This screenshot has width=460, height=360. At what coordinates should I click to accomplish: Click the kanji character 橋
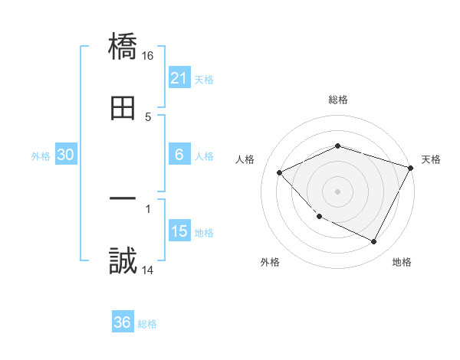pyautogui.click(x=123, y=47)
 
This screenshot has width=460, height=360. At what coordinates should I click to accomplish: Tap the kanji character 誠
pyautogui.click(x=123, y=261)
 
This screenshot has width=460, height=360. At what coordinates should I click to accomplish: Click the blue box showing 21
pyautogui.click(x=179, y=77)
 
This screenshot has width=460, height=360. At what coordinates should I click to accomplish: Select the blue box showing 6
pyautogui.click(x=179, y=155)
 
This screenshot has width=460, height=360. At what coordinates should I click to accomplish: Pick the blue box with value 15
pyautogui.click(x=179, y=231)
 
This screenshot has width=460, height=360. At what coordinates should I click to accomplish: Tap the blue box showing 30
pyautogui.click(x=66, y=155)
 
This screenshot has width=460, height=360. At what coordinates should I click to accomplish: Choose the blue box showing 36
pyautogui.click(x=123, y=322)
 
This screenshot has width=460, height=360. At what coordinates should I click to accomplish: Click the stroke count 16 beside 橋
pyautogui.click(x=149, y=56)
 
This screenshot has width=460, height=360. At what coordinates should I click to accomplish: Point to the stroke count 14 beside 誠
pyautogui.click(x=149, y=270)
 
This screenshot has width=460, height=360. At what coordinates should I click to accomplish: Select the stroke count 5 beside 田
pyautogui.click(x=148, y=116)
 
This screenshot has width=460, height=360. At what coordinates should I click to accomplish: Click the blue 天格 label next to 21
pyautogui.click(x=204, y=79)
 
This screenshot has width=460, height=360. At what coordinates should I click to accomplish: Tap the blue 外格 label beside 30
pyautogui.click(x=41, y=155)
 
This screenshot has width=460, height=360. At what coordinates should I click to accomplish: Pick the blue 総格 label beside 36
pyautogui.click(x=147, y=323)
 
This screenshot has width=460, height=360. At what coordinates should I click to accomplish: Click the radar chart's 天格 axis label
pyautogui.click(x=431, y=159)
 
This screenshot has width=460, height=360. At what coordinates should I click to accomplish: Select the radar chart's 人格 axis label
pyautogui.click(x=245, y=159)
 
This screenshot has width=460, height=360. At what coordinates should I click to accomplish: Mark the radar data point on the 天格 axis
pyautogui.click(x=411, y=168)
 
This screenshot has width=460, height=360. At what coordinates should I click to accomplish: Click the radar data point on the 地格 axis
pyautogui.click(x=374, y=242)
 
